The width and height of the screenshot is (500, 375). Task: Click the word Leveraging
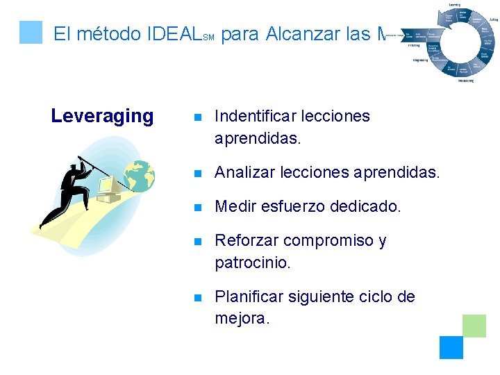pyautogui.click(x=102, y=116)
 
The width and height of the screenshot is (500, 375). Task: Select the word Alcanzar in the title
pyautogui.click(x=301, y=33)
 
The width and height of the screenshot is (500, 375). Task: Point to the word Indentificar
pyautogui.click(x=258, y=116)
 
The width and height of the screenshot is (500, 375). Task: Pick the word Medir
pyautogui.click(x=234, y=206)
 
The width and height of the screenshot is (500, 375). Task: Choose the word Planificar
pyautogui.click(x=248, y=297)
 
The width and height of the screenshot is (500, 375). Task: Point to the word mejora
pyautogui.click(x=240, y=319)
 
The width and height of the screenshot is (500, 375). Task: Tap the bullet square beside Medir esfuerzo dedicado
pyautogui.click(x=197, y=207)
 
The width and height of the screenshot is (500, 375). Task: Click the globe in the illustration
pyautogui.click(x=140, y=176)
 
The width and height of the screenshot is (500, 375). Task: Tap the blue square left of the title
pyautogui.click(x=31, y=32)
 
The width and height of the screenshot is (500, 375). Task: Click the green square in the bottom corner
pyautogui.click(x=474, y=325)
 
